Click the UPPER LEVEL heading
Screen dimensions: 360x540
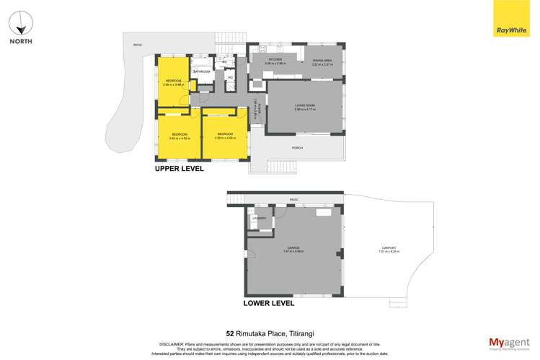tap(180, 168)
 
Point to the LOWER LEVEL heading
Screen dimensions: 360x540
tap(269, 304)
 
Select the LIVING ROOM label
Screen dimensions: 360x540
tap(305, 105)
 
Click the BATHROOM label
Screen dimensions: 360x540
tap(202, 71)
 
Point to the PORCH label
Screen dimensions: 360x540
tap(296, 149)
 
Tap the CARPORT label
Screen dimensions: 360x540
tap(389, 249)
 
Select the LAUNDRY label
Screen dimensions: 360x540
tap(259, 218)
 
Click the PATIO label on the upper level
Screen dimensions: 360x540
tap(137, 45)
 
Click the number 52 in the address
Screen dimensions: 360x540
tap(230, 334)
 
